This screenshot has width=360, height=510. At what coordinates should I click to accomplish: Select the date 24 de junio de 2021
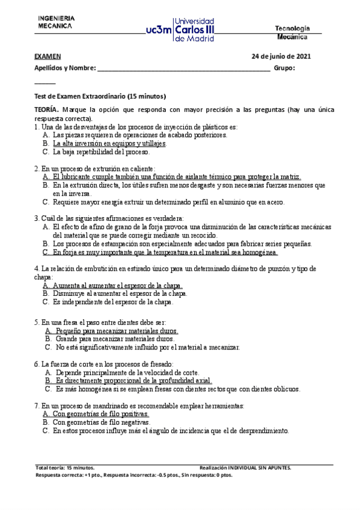pyautogui.click(x=281, y=57)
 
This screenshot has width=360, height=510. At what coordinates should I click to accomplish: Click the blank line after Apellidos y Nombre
pyautogui.click(x=183, y=69)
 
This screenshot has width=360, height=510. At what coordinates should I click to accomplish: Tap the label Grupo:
pyautogui.click(x=284, y=69)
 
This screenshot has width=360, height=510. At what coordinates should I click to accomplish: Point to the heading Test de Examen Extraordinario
pyautogui.click(x=100, y=97)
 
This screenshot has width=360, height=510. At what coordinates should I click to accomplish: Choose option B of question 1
pyautogui.click(x=109, y=144)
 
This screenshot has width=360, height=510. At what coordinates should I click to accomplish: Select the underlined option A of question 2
pyautogui.click(x=176, y=177)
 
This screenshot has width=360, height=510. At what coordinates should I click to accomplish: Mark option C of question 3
pyautogui.click(x=165, y=253)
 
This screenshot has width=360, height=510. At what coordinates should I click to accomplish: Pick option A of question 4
pyautogui.click(x=117, y=286)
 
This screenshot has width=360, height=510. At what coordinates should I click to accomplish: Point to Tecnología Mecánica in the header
pyautogui.click(x=292, y=32)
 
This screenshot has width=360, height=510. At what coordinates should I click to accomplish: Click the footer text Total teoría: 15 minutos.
pyautogui.click(x=65, y=467)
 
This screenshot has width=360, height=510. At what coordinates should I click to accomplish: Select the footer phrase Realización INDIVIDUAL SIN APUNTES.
pyautogui.click(x=245, y=467)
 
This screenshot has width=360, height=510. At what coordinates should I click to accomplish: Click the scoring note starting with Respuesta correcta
pyautogui.click(x=134, y=475)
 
